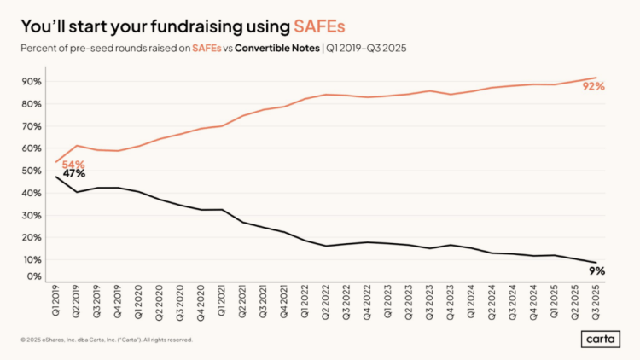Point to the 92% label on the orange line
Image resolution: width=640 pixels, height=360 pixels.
tap(593, 86)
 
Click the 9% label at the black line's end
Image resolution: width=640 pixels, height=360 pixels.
tap(596, 270)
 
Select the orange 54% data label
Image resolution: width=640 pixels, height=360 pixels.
tap(73, 164)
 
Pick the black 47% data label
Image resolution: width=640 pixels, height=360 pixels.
tap(74, 174)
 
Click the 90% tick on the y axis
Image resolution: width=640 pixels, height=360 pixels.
tap(33, 82)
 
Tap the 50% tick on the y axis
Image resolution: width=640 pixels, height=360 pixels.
tap(33, 171)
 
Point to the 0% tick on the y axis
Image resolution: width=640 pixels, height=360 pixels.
tap(35, 276)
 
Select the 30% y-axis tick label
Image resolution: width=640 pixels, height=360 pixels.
tap(33, 215)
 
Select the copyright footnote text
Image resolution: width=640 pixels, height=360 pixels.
tap(108, 339)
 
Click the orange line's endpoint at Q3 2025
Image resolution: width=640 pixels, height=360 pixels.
tap(596, 78)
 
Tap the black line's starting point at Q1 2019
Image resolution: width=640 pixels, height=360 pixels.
tap(56, 177)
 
